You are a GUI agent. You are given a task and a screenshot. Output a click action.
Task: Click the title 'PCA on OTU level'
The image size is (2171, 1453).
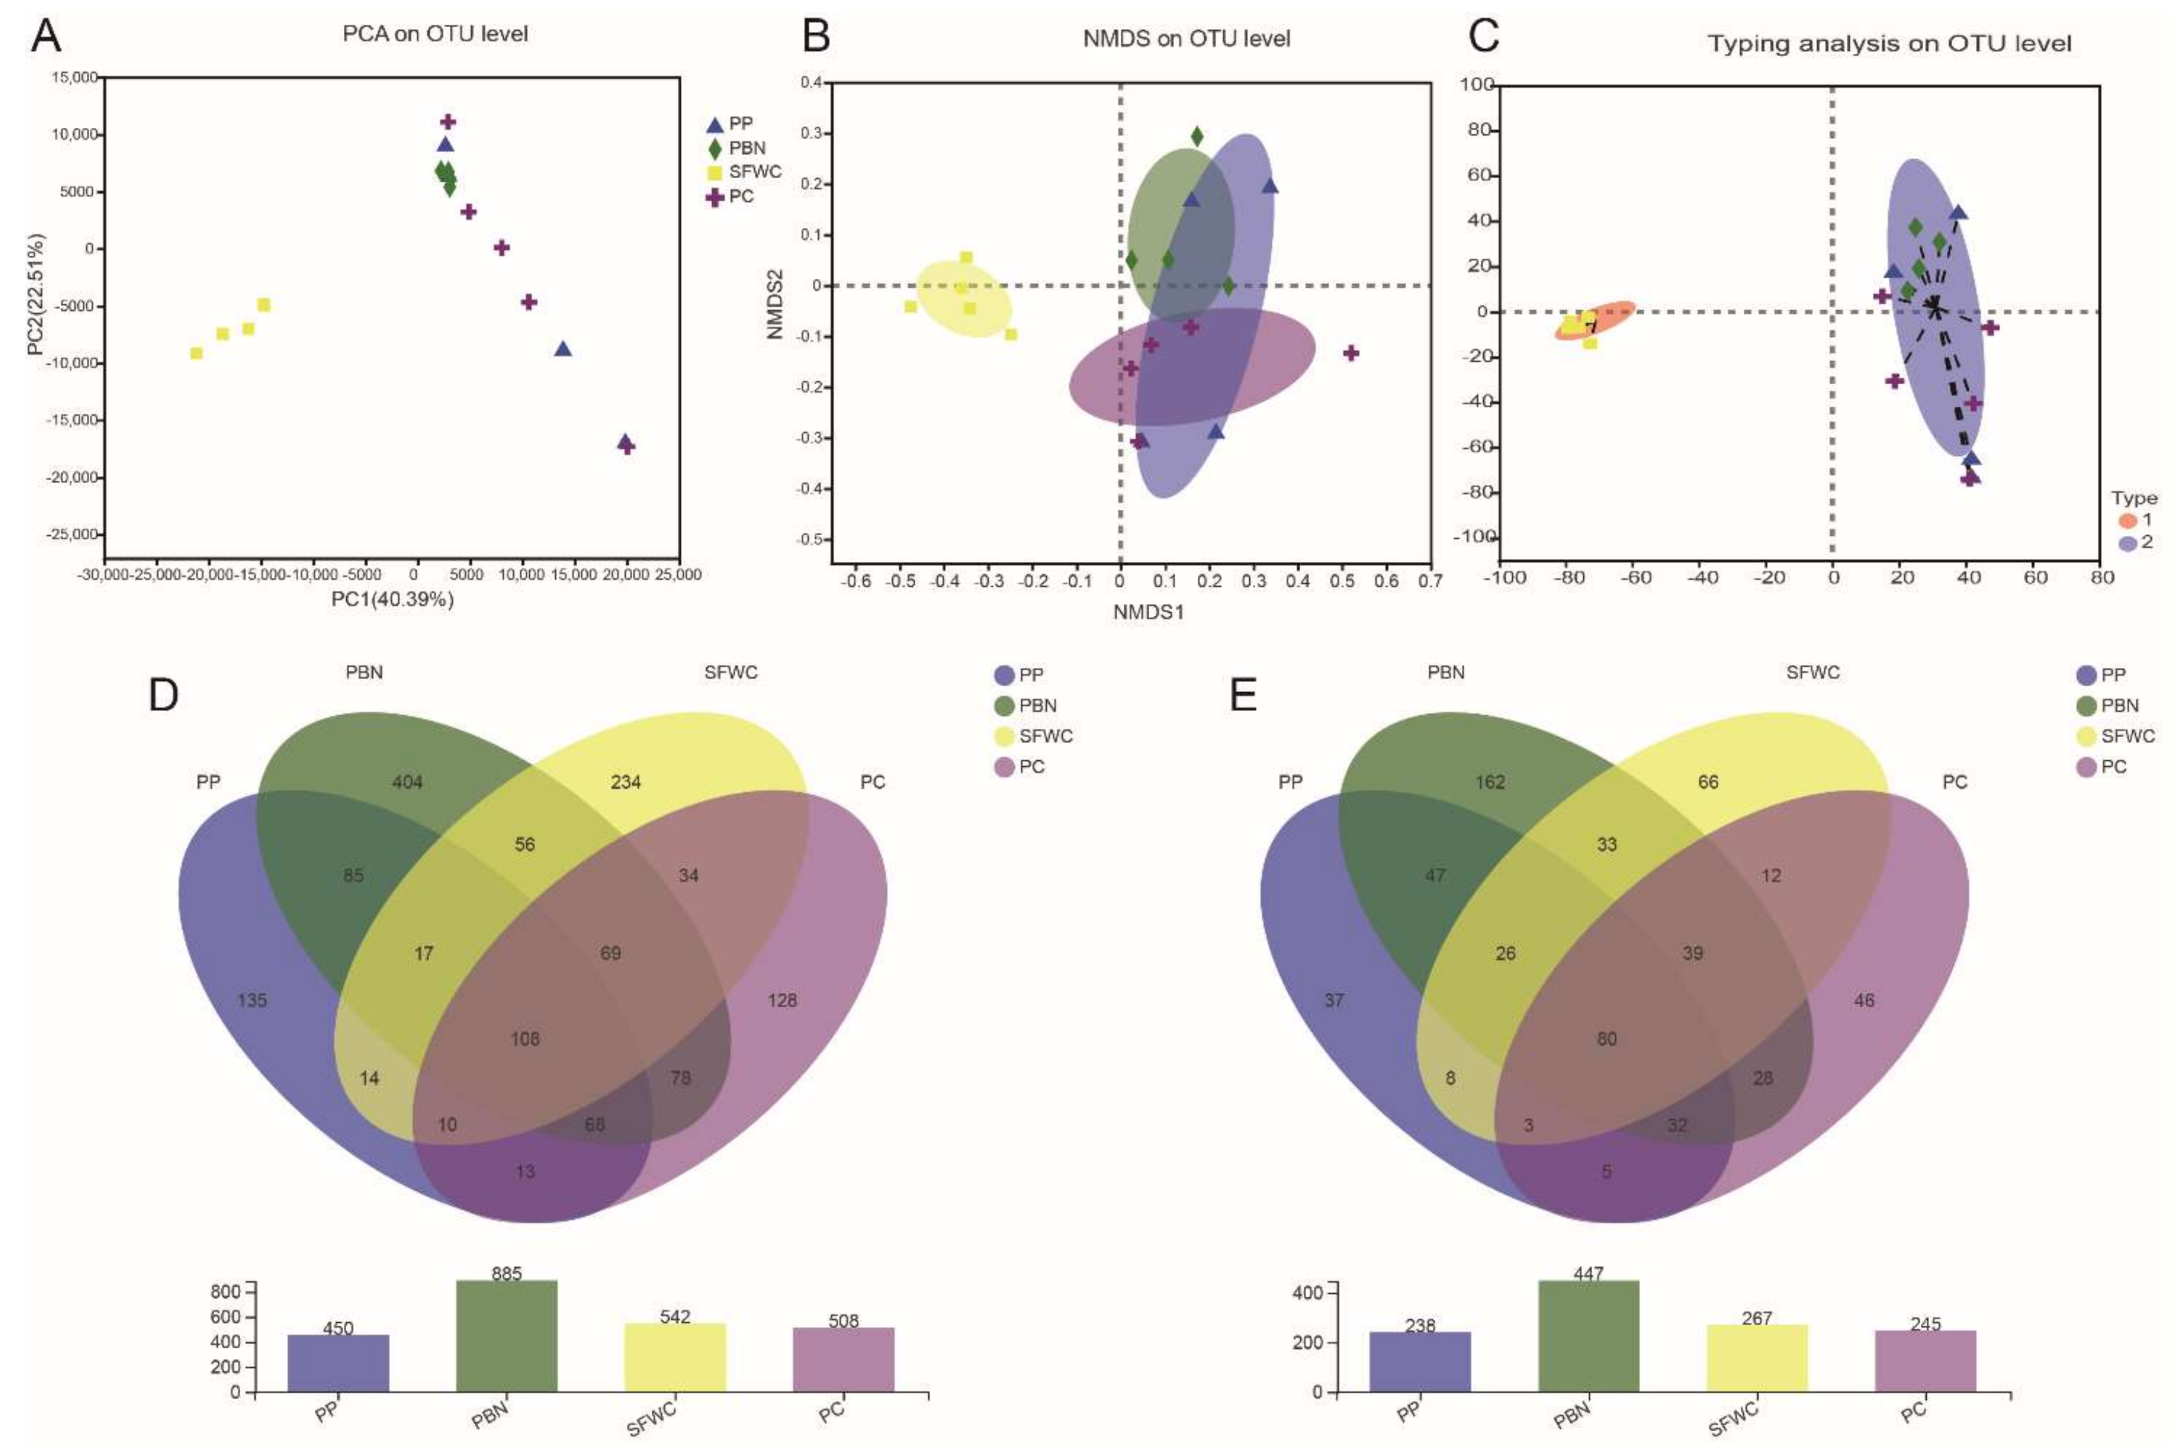(435, 34)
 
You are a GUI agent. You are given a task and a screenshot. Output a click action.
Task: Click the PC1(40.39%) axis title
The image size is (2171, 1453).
(392, 599)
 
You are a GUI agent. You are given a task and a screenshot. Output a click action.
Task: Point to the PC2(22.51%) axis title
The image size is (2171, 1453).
(35, 294)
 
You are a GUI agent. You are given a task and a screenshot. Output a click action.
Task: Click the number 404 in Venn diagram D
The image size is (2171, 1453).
(407, 782)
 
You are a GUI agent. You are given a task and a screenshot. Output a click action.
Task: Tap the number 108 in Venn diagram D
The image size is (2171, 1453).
(525, 1039)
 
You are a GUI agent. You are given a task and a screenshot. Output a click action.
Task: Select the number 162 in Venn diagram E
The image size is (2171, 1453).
(1490, 782)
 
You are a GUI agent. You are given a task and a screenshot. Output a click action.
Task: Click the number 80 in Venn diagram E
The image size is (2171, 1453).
(1607, 1039)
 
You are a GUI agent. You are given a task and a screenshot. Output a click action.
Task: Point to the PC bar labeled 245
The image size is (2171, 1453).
(1926, 1360)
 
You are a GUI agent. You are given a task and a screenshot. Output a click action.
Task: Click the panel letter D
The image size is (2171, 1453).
(163, 694)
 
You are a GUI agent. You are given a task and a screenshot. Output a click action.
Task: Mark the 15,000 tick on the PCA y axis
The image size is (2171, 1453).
(74, 78)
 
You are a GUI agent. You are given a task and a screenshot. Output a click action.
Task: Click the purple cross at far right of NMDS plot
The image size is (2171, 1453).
(1351, 353)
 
